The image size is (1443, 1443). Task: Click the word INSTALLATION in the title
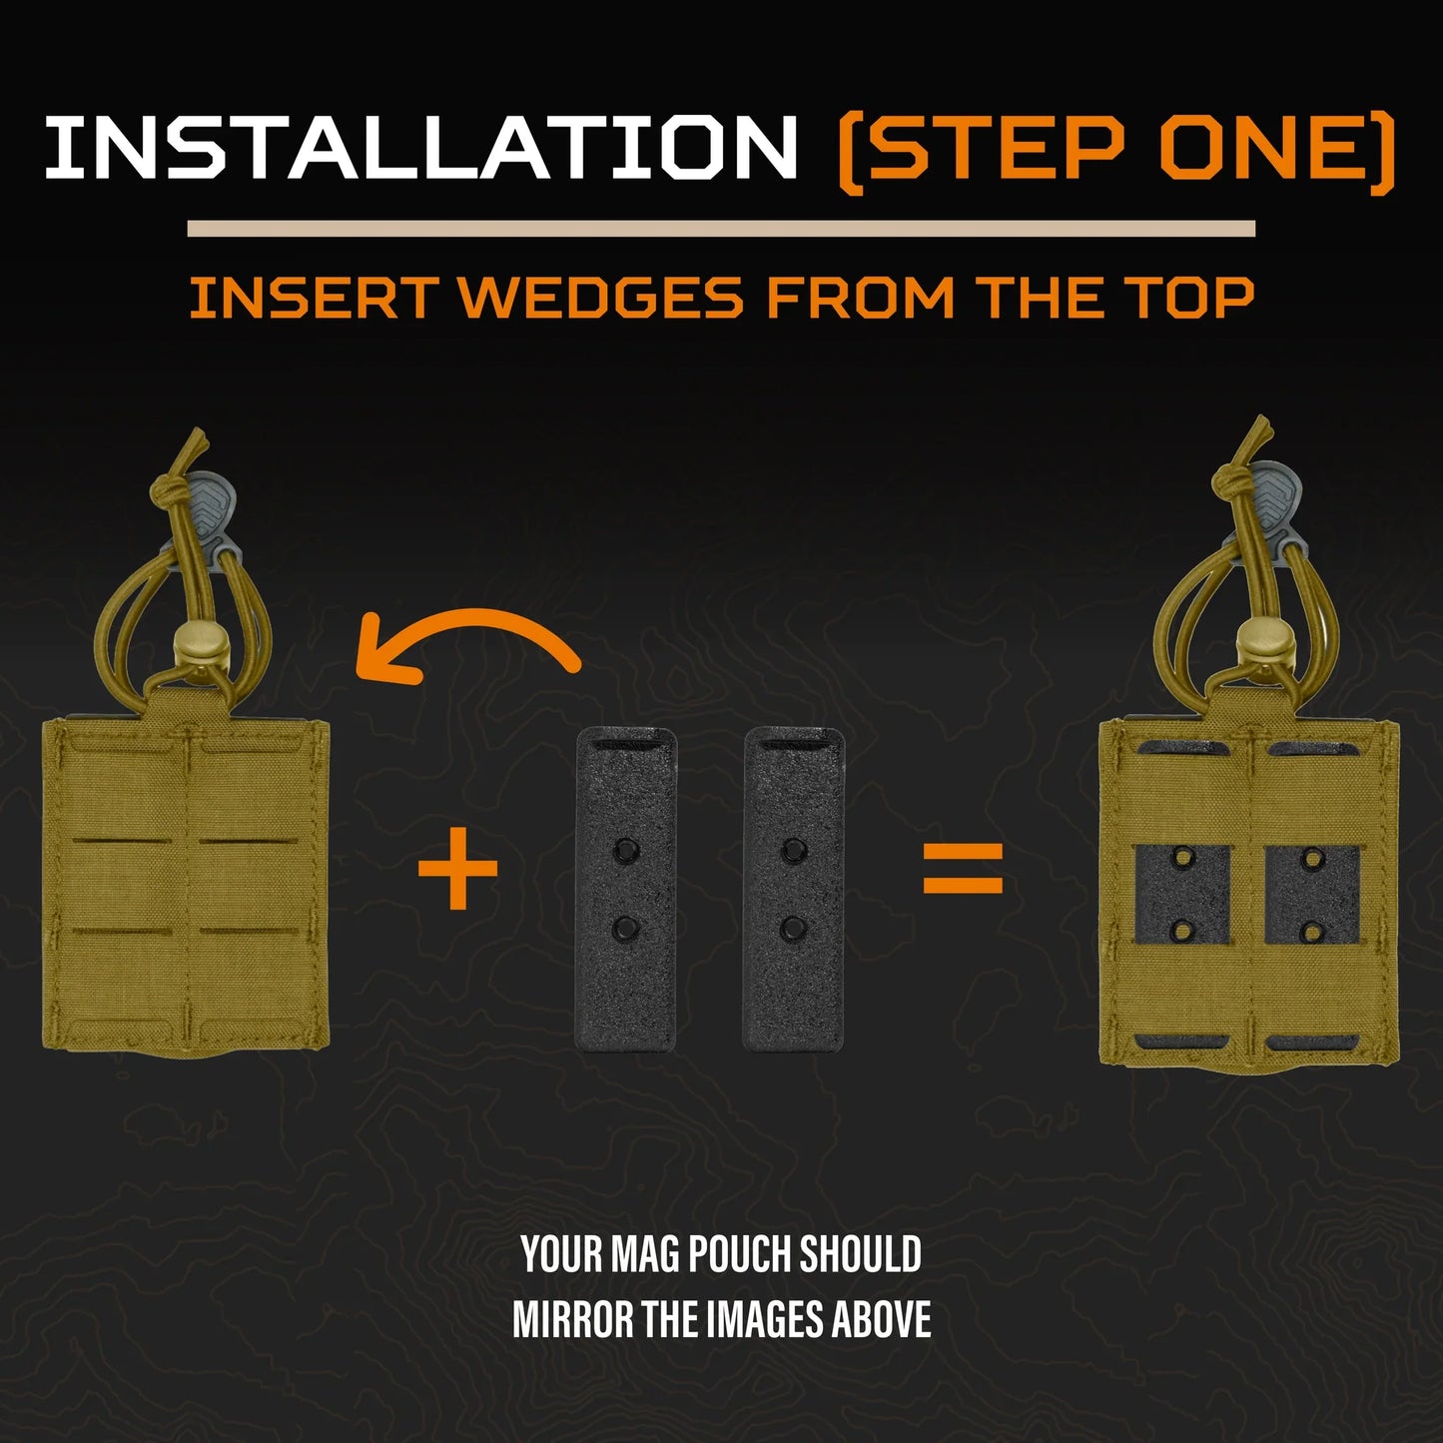pos(421,146)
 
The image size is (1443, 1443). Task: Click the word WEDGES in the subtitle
pos(601,298)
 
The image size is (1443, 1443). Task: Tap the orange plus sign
pos(457,869)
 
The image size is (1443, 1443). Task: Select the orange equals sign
pos(963,869)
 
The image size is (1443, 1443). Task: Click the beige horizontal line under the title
pos(721,229)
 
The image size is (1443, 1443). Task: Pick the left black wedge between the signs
pos(626,888)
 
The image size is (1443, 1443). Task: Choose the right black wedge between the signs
pos(795,888)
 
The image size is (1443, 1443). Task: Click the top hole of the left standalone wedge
pos(624,849)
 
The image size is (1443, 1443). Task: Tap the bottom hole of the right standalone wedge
pos(792,930)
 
